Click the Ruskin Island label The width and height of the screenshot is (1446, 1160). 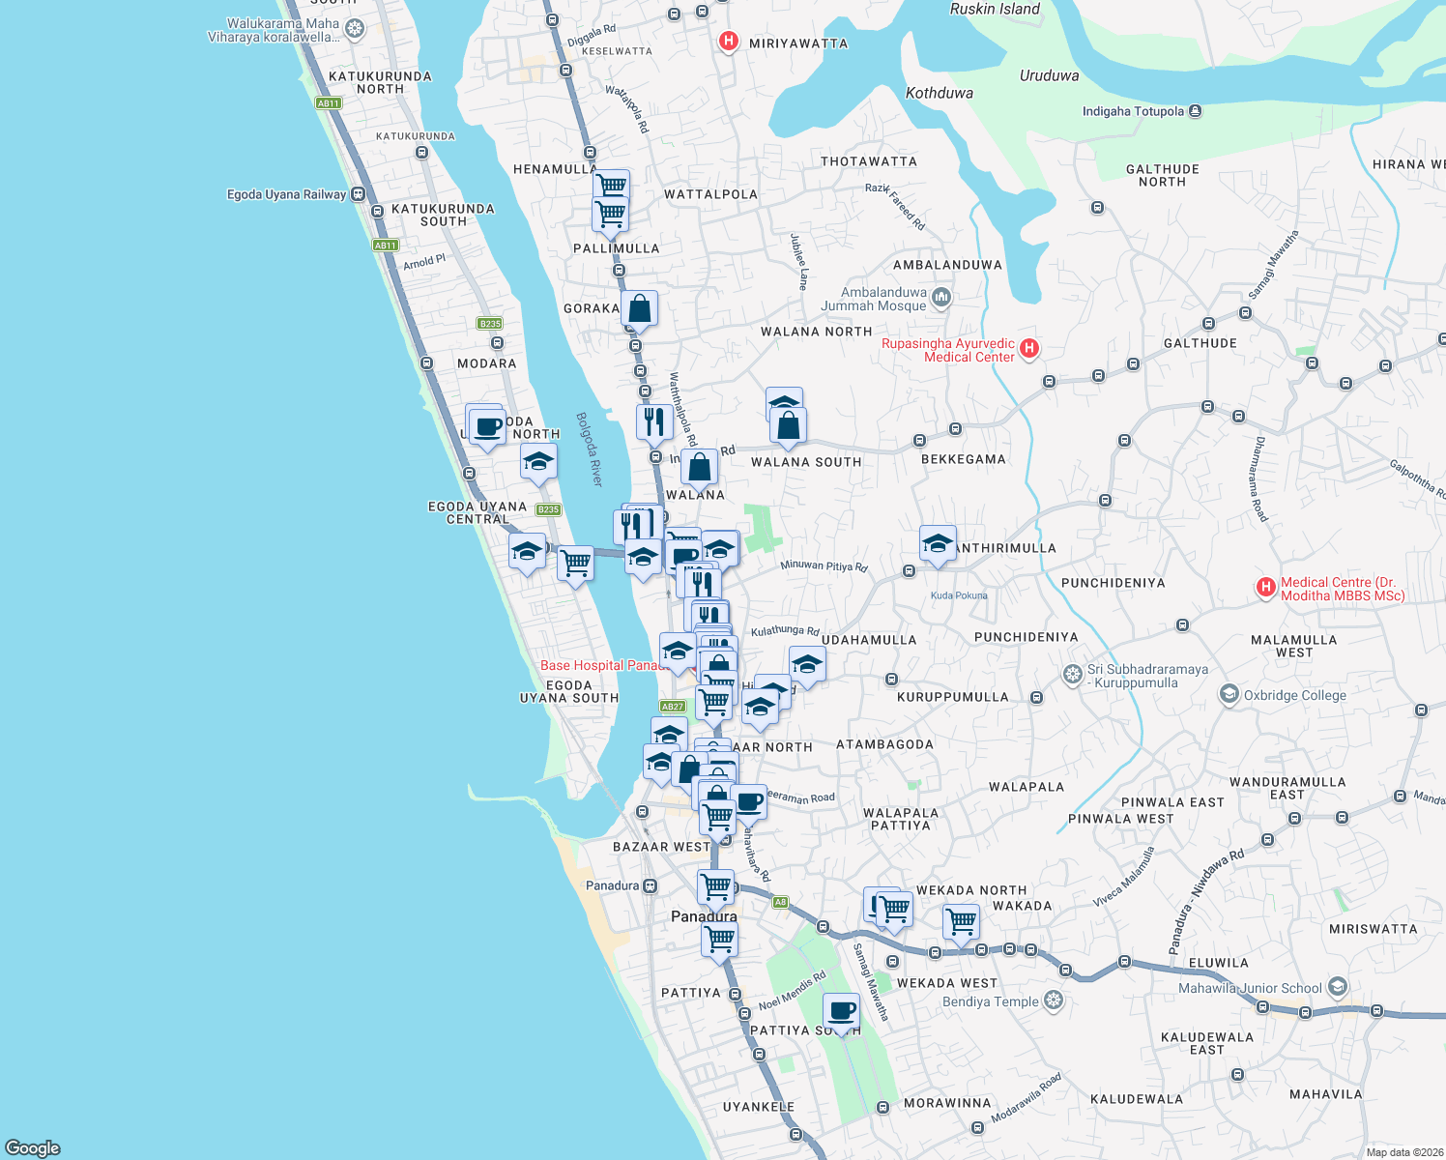click(x=995, y=9)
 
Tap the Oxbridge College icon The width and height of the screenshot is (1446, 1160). click(x=1229, y=694)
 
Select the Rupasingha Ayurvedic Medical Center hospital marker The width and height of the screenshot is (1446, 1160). click(x=1029, y=349)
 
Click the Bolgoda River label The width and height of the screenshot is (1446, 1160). click(x=590, y=449)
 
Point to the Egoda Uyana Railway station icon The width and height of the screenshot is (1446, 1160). click(x=359, y=194)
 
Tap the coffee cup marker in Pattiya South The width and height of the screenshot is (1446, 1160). click(x=842, y=1012)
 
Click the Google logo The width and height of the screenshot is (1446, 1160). click(x=33, y=1147)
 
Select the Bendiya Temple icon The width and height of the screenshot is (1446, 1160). click(x=1054, y=1000)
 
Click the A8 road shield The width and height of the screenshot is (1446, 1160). click(x=781, y=902)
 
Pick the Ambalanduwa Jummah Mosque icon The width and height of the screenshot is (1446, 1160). click(x=941, y=298)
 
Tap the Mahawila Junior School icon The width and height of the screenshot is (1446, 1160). click(x=1338, y=987)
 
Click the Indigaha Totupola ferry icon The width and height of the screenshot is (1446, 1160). click(x=1195, y=111)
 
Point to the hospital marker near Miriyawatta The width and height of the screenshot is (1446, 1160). click(x=729, y=42)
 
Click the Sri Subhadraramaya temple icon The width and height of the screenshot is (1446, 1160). click(x=1072, y=674)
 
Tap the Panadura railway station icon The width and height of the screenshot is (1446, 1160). click(x=651, y=885)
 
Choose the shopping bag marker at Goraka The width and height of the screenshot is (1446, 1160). click(x=640, y=309)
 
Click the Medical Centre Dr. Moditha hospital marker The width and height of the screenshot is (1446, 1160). click(x=1265, y=588)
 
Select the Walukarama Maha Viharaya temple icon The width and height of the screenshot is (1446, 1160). click(x=355, y=29)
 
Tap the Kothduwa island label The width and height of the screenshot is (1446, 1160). click(x=939, y=93)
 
